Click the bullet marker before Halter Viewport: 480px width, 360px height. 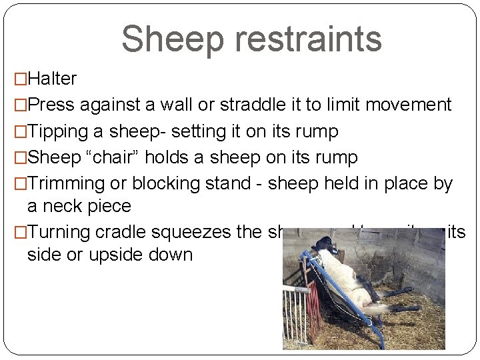(10, 79)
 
